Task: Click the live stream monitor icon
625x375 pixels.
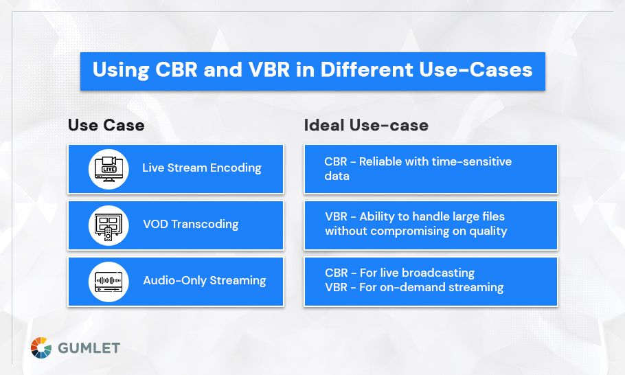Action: click(x=109, y=168)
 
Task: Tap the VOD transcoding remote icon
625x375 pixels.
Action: click(x=109, y=225)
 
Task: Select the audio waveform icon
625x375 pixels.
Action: click(x=109, y=281)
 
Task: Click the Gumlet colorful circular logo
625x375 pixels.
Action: click(x=41, y=348)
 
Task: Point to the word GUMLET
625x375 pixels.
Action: click(x=89, y=348)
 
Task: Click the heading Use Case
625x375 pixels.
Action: click(x=106, y=125)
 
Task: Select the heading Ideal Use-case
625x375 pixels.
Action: click(x=366, y=125)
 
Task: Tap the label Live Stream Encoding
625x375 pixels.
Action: click(x=202, y=168)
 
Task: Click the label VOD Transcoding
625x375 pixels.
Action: click(x=191, y=224)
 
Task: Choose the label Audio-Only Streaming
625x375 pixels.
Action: click(x=204, y=280)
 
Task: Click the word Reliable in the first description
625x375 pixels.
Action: click(x=383, y=161)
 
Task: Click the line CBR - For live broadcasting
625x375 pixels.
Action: click(x=400, y=273)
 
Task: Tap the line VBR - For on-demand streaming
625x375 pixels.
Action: click(x=414, y=287)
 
